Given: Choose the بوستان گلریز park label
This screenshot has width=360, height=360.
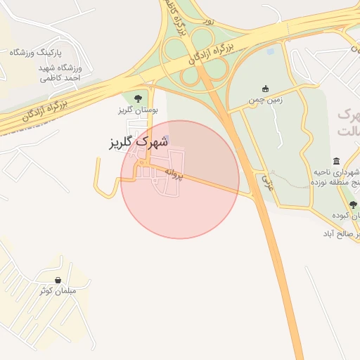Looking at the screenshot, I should click(x=138, y=110).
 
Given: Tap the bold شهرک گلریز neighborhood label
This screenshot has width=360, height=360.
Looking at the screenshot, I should click(x=139, y=141).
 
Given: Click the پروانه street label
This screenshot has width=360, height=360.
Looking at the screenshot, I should click(x=174, y=172).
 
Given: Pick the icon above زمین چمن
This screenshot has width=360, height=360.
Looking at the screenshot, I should click(x=265, y=89).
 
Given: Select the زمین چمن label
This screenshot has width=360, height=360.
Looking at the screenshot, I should click(x=265, y=101).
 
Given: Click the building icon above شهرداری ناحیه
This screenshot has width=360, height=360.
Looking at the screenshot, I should click(x=337, y=160).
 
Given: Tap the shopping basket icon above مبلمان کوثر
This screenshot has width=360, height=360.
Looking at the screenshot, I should click(x=67, y=280).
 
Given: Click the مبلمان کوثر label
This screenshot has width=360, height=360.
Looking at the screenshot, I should click(x=68, y=291).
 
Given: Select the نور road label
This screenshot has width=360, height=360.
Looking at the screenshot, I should click(x=208, y=22).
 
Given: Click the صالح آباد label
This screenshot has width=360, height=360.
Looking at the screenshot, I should click(x=342, y=233).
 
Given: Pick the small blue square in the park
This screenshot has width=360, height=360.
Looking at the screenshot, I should click(x=271, y=51).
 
